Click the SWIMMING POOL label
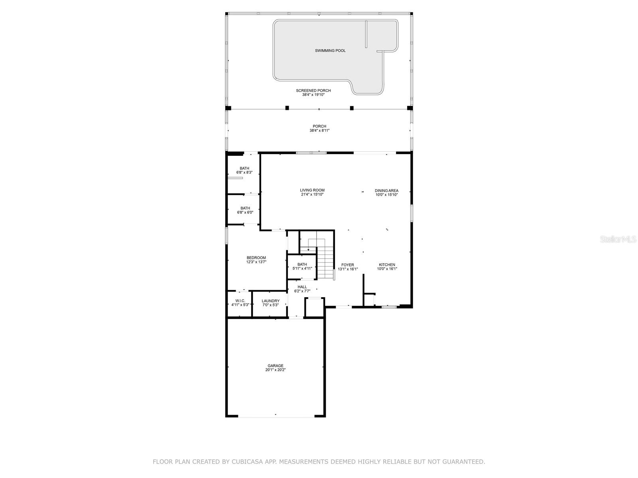point(330,51)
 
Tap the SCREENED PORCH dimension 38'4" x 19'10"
point(313,95)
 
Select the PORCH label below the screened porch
point(319,126)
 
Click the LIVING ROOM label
point(312,190)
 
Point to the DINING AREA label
point(386,190)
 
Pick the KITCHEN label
point(387,264)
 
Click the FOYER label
point(348,264)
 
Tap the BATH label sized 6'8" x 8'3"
point(244,168)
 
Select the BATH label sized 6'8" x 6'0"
point(245,208)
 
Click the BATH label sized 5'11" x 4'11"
point(302,264)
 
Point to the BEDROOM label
point(256,258)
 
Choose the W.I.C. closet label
point(240,301)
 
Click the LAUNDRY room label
point(270,301)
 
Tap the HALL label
point(302,287)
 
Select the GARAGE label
point(276,366)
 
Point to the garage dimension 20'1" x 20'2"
point(276,370)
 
